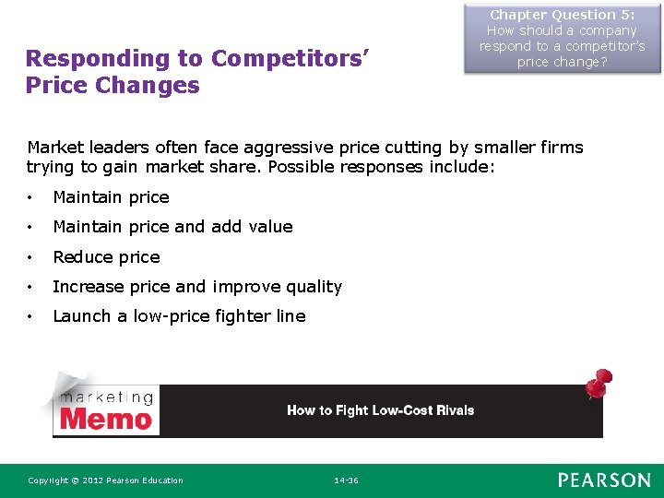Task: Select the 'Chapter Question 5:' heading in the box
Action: (562, 15)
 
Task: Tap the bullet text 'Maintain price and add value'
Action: (172, 227)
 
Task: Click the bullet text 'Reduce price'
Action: (106, 257)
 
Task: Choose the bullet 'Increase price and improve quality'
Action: (197, 287)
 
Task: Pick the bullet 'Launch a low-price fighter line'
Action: (179, 316)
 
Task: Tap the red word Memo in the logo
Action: (106, 420)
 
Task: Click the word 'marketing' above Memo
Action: (106, 397)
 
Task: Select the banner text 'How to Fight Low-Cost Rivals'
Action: (380, 410)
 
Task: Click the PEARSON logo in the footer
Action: (603, 480)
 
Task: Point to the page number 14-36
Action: (345, 480)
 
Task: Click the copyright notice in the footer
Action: (105, 480)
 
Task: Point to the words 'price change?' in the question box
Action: (562, 62)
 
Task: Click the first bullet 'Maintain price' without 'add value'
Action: (111, 197)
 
